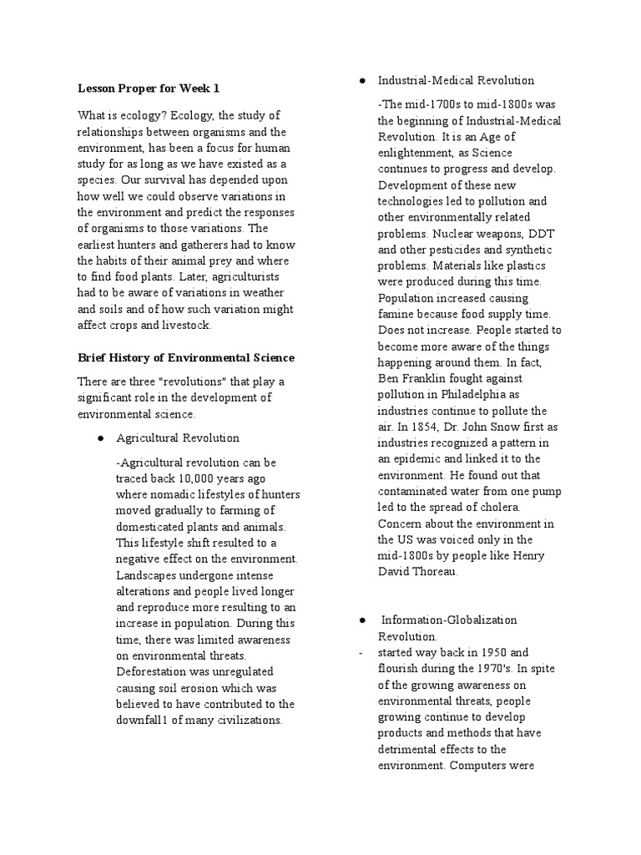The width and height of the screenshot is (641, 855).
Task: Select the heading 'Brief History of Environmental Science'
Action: pos(185,357)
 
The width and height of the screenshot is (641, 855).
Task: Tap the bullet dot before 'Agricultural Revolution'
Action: pos(99,438)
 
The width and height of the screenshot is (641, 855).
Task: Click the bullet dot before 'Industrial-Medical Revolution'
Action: pos(361,81)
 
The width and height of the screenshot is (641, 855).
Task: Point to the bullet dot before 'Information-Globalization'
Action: pos(361,620)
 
